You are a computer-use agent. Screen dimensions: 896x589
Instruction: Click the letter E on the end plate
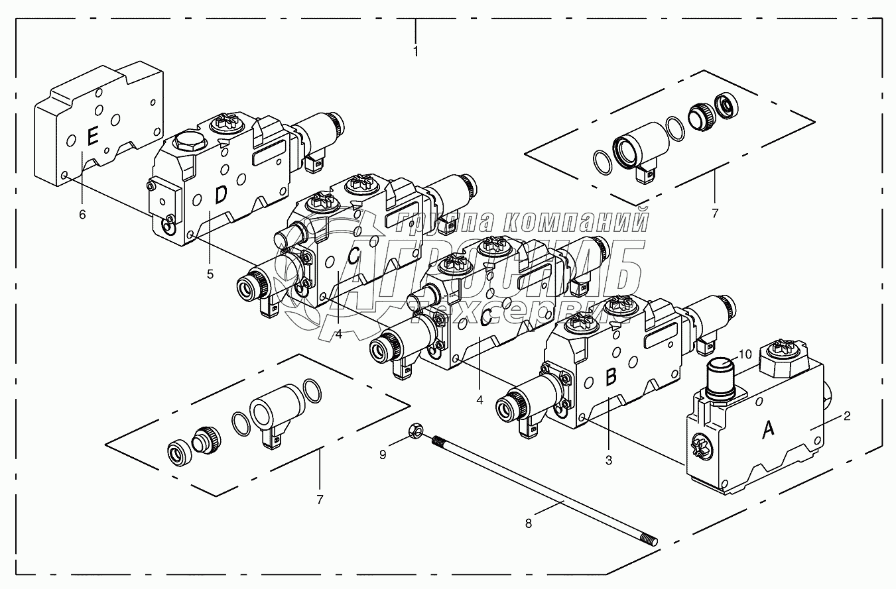tap(92, 137)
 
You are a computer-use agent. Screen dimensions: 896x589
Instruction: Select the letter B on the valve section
tap(611, 377)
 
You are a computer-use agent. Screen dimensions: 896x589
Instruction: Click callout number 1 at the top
tap(416, 52)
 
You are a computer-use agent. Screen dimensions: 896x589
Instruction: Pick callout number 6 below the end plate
tap(82, 215)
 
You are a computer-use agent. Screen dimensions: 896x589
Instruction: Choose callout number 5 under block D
tap(210, 274)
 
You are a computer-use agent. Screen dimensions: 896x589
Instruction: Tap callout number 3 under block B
tap(609, 460)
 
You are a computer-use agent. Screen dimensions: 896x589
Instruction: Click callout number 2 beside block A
tap(847, 416)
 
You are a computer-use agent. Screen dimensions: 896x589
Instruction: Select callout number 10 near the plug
tap(745, 354)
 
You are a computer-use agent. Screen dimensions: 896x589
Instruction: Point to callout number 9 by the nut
tap(383, 455)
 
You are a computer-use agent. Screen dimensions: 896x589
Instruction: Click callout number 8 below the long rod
tap(529, 523)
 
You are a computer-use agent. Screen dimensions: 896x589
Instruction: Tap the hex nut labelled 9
tap(415, 431)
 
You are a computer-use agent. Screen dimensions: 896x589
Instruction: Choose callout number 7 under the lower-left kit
tap(320, 500)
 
